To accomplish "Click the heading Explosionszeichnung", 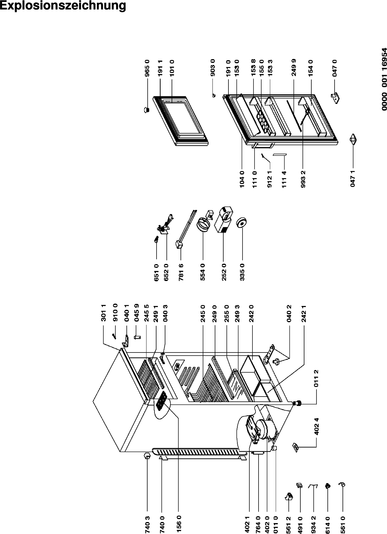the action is tap(63, 6).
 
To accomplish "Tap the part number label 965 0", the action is tap(147, 68).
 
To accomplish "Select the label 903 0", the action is tap(213, 68).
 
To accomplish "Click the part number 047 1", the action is tap(353, 178).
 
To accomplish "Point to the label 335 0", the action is tap(242, 272).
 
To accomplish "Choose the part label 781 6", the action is tap(181, 272).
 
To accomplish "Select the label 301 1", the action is tap(103, 313).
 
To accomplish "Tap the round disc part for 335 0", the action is tap(241, 223).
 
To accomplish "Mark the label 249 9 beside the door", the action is tap(294, 68).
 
